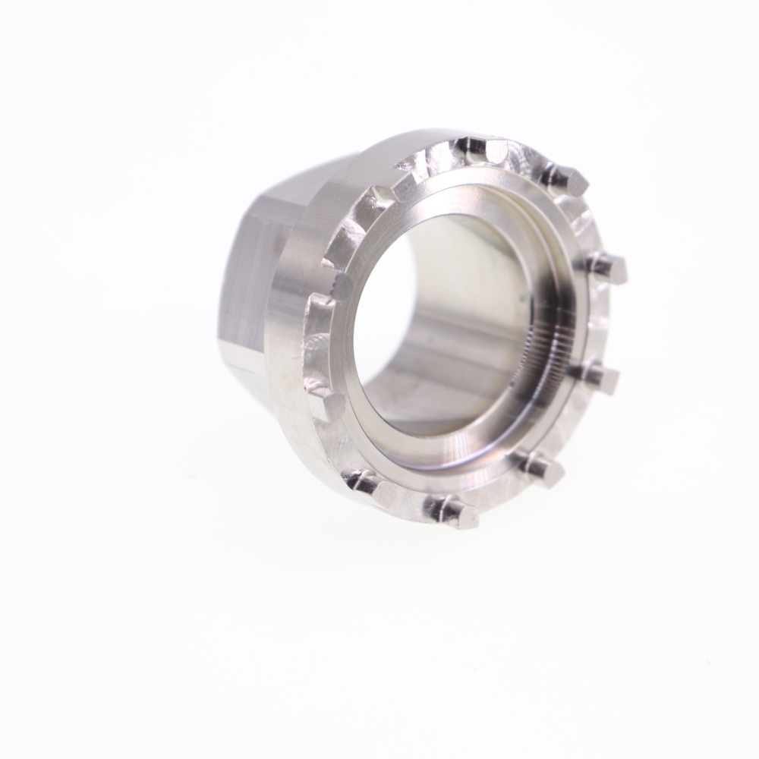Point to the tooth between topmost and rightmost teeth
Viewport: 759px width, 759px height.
pos(566,179)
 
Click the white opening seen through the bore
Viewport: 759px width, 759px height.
pos(383,319)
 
